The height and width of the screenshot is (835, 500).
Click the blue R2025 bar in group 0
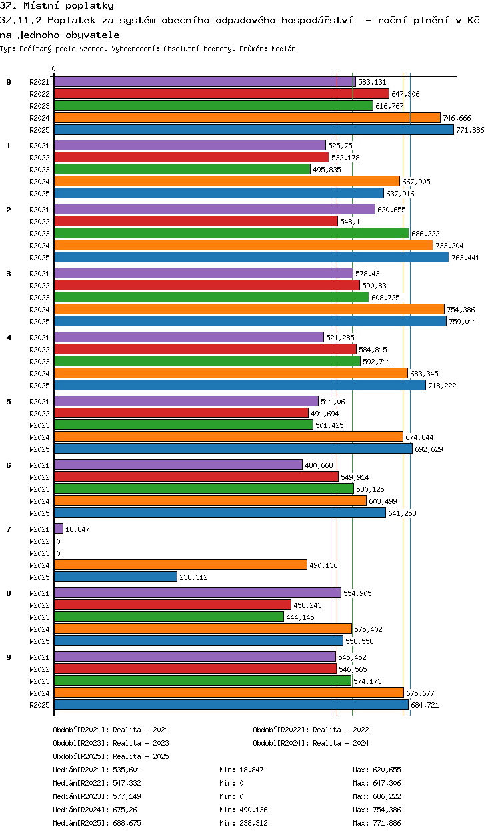pyautogui.click(x=253, y=130)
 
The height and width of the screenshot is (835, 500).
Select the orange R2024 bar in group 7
pyautogui.click(x=180, y=565)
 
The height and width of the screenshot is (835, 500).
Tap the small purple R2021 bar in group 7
pyautogui.click(x=59, y=529)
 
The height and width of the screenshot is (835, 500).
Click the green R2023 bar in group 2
pyautogui.click(x=231, y=234)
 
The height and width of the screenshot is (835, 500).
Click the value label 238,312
pyautogui.click(x=193, y=577)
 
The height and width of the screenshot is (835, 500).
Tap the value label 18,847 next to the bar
pyautogui.click(x=77, y=529)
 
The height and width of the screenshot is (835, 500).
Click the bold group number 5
pyautogui.click(x=9, y=402)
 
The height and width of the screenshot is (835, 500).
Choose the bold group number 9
pyautogui.click(x=9, y=657)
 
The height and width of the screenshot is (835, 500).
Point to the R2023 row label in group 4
pyautogui.click(x=39, y=362)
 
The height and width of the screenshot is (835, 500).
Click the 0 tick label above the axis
pyautogui.click(x=54, y=69)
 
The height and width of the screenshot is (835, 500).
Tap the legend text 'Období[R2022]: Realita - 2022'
pyautogui.click(x=311, y=730)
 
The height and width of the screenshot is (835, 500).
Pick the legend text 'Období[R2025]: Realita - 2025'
pyautogui.click(x=111, y=756)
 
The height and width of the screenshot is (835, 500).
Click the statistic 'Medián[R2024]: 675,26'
pyautogui.click(x=97, y=810)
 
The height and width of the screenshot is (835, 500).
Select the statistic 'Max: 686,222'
pyautogui.click(x=377, y=796)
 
